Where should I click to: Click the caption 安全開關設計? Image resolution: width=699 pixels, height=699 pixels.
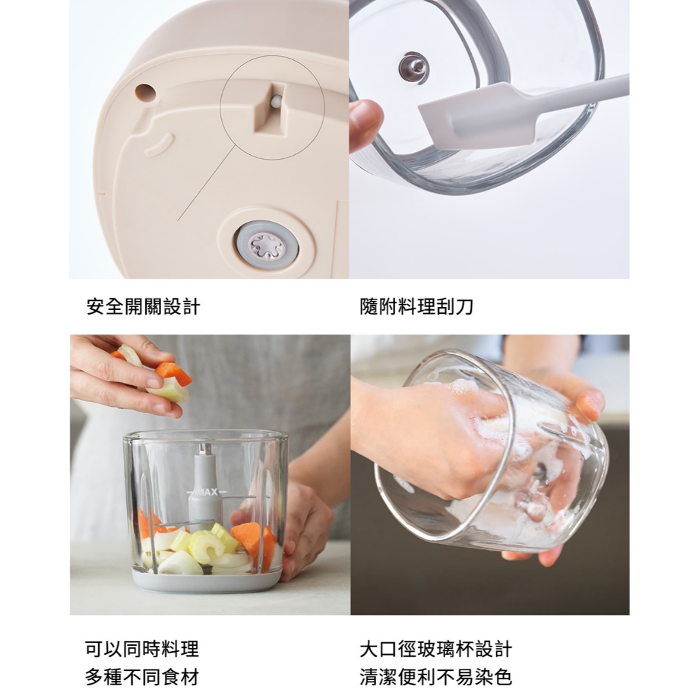coord(143,306)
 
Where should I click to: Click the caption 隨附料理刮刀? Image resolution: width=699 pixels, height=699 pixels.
coord(416,306)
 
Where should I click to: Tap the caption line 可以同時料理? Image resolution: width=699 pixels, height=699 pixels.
coord(142,649)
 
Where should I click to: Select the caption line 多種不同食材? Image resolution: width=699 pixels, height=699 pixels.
coord(142,678)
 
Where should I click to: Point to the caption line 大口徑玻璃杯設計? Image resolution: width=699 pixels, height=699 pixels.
coord(436,649)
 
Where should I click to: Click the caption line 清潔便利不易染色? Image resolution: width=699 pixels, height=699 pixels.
coord(436,678)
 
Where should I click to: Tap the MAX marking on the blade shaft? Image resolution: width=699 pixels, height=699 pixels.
coord(206,492)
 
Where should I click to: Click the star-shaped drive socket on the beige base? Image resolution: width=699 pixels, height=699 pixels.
coord(267,246)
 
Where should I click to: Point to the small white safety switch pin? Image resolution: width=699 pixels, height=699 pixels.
coord(276,102)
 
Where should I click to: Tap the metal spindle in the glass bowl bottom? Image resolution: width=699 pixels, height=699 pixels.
coord(414,68)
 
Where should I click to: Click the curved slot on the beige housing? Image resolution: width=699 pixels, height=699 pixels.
coord(159,144)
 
